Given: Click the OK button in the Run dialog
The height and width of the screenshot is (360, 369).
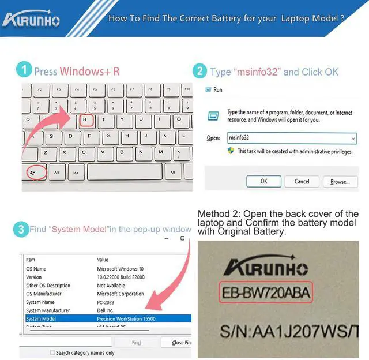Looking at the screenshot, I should click(x=263, y=181).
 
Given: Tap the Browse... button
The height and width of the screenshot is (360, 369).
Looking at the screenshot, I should click(x=340, y=181).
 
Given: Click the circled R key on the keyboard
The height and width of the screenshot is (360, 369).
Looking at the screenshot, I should click(x=85, y=120).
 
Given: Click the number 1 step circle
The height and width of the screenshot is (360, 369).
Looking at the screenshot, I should click(x=24, y=70).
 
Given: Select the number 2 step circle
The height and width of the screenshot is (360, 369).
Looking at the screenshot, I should click(x=199, y=71).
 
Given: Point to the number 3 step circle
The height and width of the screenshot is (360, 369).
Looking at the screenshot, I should click(x=21, y=229).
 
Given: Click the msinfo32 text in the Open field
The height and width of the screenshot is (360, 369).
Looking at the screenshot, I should click(x=239, y=138).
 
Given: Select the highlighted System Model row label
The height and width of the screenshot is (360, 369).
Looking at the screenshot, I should click(x=42, y=318).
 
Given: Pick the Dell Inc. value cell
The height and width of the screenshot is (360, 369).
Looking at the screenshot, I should click(x=107, y=310).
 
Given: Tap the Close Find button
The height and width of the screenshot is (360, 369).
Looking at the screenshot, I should click(x=181, y=343).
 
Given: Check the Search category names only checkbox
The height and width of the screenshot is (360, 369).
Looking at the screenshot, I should click(x=52, y=352).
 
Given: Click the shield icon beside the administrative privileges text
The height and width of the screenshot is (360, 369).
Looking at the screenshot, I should click(x=231, y=151).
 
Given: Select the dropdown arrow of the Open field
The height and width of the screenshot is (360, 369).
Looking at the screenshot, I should click(x=353, y=138).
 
